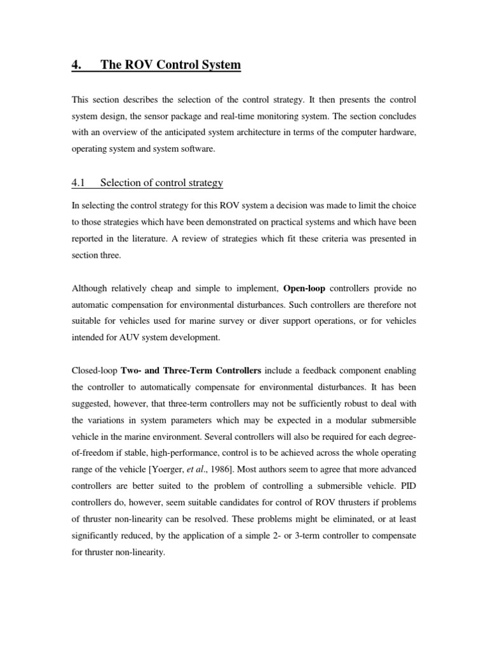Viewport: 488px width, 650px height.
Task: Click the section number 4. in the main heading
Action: coord(77,65)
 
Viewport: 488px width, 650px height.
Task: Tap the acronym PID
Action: coord(405,486)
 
